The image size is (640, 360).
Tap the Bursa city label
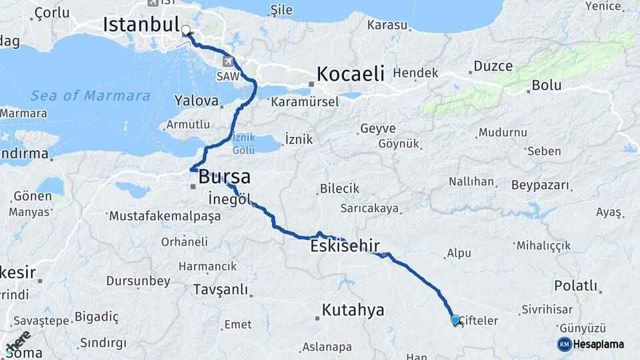[x=224, y=177]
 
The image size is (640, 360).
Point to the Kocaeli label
[x=351, y=73]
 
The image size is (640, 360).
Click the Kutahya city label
[x=353, y=310]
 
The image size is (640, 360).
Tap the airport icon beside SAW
[x=229, y=61]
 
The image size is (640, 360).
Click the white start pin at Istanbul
[x=186, y=31]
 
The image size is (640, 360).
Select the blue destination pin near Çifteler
[x=455, y=320]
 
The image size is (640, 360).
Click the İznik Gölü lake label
[x=243, y=142]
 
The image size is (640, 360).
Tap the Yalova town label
[x=196, y=101]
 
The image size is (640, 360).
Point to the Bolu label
[x=547, y=86]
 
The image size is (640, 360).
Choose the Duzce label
[x=493, y=66]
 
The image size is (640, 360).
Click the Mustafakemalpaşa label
[x=164, y=216]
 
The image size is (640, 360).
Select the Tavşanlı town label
[x=219, y=290]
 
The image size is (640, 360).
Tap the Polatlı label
[x=575, y=286]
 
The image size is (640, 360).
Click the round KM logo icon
[x=564, y=344]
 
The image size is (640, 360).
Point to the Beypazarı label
[x=541, y=185]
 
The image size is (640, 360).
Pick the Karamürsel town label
[x=305, y=102]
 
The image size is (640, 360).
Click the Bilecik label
[x=339, y=189]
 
